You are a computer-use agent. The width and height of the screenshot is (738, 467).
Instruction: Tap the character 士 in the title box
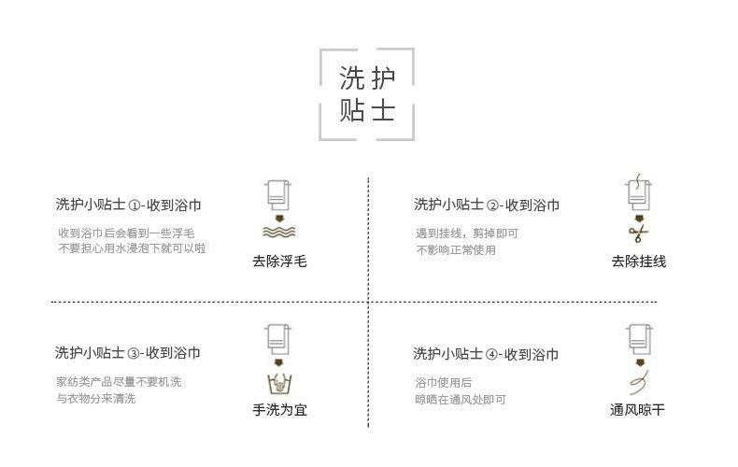pos(383,111)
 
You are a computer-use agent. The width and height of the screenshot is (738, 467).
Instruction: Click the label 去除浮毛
pos(279,262)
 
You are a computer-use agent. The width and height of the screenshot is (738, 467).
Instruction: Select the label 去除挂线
pos(639,262)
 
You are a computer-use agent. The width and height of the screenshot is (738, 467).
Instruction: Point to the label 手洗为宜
pos(279,409)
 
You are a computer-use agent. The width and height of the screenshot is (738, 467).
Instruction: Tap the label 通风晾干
pos(638,409)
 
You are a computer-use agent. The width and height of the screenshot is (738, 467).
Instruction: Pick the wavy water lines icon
pos(278,232)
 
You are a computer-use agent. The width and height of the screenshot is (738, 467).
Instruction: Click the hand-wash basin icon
pos(277,383)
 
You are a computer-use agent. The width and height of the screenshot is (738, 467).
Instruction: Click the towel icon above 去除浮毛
pos(277,194)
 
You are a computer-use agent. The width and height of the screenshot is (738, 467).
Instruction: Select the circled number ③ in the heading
pos(133,354)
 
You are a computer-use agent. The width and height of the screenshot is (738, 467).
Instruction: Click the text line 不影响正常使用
pos(455,249)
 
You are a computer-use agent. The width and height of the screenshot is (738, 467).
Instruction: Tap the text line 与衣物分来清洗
pos(95,399)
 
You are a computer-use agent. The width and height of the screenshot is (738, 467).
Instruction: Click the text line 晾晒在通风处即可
pos(461,399)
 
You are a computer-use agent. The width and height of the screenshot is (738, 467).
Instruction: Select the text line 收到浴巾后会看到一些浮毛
pos(126,233)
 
